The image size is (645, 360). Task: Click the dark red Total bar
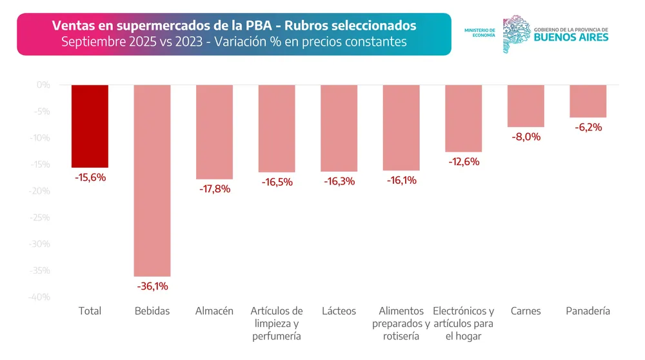point(90,126)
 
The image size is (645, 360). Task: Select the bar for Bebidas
point(152,180)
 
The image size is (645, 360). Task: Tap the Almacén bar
point(214,132)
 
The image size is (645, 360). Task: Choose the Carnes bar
point(526,106)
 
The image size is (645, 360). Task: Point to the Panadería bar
point(588,101)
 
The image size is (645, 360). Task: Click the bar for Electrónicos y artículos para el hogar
point(463,118)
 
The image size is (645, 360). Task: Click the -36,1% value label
point(152,286)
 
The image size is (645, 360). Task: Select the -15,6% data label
point(90,177)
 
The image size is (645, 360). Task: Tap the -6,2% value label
point(588,127)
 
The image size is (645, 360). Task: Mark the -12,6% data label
point(463,161)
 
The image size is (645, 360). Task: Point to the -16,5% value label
point(277,182)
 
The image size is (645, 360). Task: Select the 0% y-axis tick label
point(43,85)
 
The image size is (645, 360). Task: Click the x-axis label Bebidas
point(152,311)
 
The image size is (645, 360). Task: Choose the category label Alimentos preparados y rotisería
point(401,323)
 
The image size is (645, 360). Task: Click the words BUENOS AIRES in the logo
point(571,37)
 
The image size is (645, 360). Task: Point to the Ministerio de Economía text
point(479,33)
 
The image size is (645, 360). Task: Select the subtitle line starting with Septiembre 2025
point(233,42)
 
